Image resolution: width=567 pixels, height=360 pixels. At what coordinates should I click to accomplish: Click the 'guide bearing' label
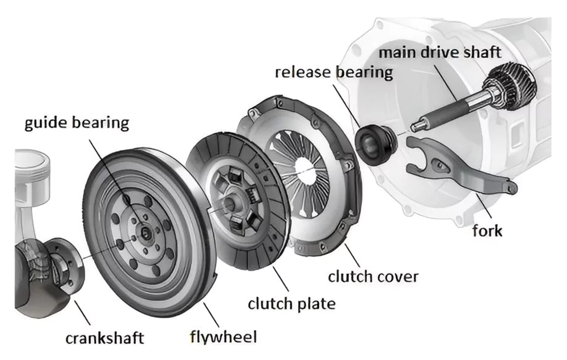77,124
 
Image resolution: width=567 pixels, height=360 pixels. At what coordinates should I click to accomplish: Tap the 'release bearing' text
333,73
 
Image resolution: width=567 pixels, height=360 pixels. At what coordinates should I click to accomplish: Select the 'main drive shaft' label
440,52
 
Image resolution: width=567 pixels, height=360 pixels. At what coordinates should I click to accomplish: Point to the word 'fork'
487,231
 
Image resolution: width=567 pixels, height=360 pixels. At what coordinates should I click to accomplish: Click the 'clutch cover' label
373,277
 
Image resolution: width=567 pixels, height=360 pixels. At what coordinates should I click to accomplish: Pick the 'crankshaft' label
104,338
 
